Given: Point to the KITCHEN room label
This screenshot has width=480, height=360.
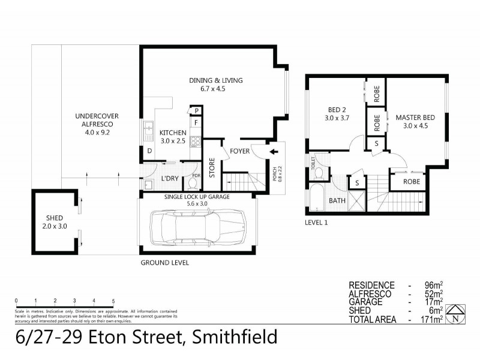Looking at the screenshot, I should (x=172, y=136).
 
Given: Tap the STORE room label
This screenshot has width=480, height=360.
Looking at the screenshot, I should (x=212, y=167).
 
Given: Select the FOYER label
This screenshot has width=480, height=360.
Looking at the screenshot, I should (x=239, y=151).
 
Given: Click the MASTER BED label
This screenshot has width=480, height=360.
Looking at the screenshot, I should (x=415, y=121).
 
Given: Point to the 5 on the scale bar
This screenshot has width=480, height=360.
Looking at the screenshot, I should (x=113, y=300).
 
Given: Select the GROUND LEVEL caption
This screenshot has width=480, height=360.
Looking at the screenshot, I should (x=164, y=263).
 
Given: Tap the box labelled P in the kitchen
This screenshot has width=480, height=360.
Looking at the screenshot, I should (x=196, y=111).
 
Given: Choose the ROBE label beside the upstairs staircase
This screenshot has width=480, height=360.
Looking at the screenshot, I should (x=411, y=181).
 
